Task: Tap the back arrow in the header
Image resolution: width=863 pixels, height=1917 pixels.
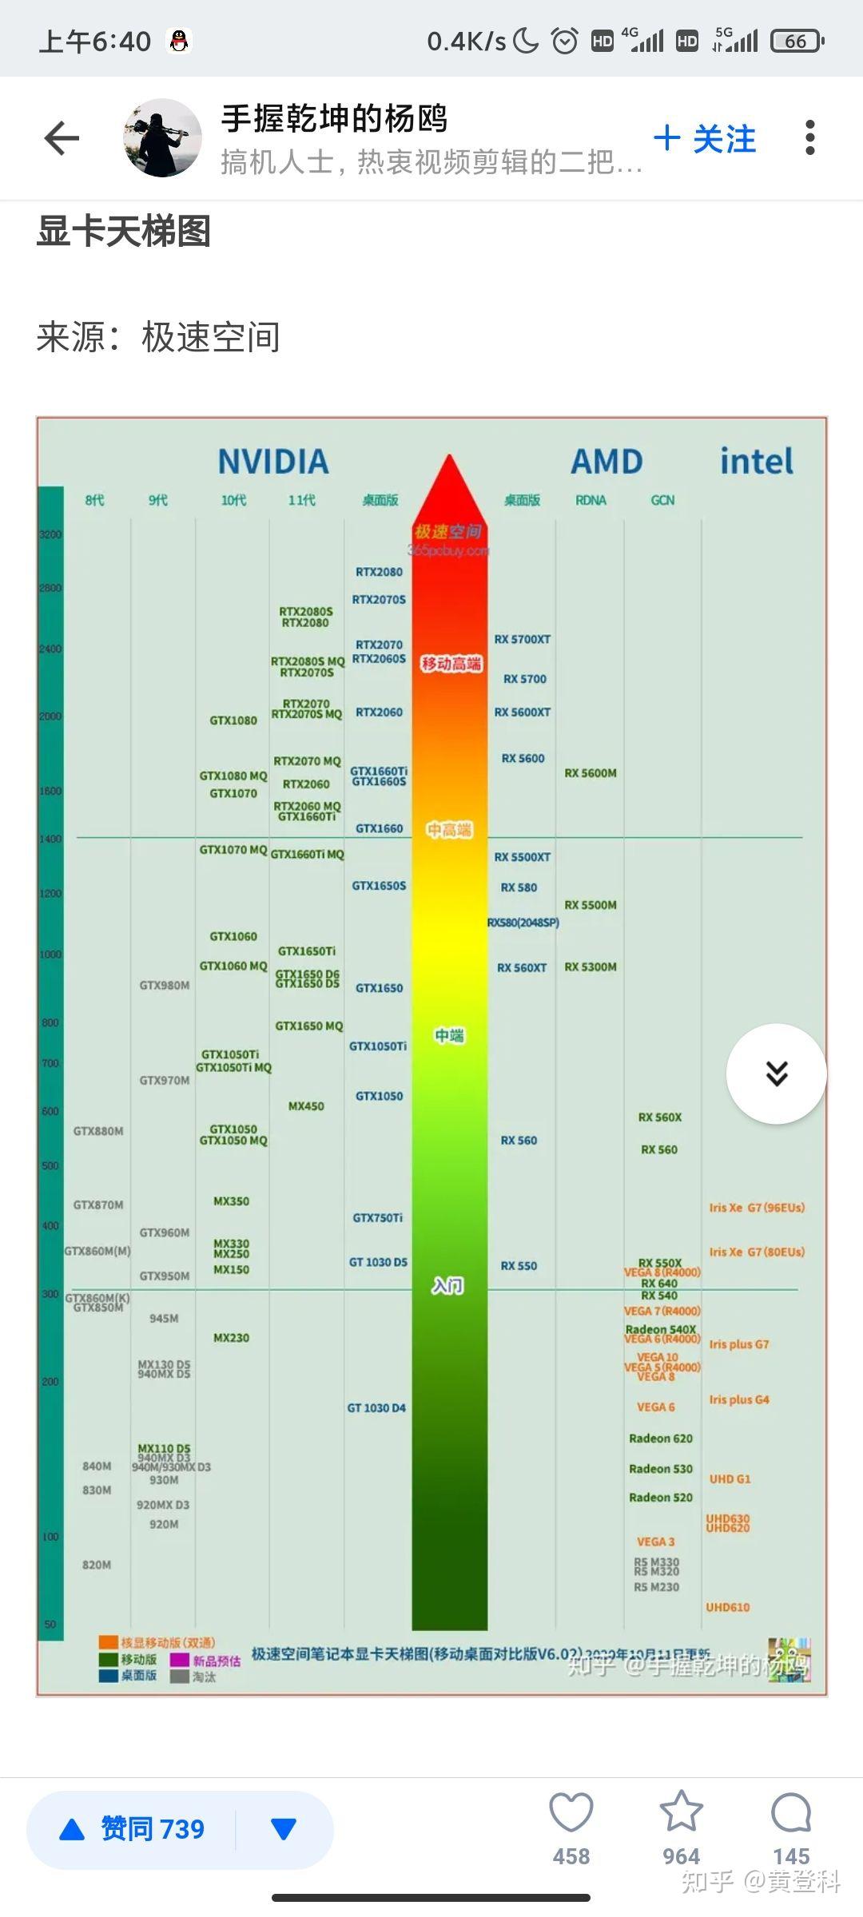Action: click(x=62, y=138)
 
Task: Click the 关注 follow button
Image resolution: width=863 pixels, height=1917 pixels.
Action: click(x=705, y=139)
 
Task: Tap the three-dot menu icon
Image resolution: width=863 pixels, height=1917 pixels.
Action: click(x=809, y=138)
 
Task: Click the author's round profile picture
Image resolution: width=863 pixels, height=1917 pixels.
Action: click(x=162, y=138)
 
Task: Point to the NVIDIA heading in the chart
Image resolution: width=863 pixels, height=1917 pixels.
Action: click(x=273, y=462)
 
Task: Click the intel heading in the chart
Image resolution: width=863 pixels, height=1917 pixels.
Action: click(x=756, y=462)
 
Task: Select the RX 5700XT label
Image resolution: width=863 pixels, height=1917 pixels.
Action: click(x=522, y=639)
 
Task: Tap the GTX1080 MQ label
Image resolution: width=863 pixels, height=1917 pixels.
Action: click(x=233, y=776)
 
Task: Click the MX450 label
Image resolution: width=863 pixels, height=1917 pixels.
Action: click(x=306, y=1106)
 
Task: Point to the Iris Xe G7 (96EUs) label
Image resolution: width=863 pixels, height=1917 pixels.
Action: click(x=757, y=1208)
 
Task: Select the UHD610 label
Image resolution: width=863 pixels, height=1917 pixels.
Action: click(x=728, y=1607)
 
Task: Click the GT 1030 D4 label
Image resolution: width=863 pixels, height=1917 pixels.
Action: click(x=376, y=1408)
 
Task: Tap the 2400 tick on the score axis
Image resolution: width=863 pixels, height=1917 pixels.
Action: click(x=50, y=649)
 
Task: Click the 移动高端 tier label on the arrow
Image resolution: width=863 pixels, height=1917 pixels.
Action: click(x=451, y=664)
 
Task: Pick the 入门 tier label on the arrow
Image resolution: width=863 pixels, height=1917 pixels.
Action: click(x=447, y=1285)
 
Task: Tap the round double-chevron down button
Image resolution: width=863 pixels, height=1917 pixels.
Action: click(x=776, y=1074)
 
